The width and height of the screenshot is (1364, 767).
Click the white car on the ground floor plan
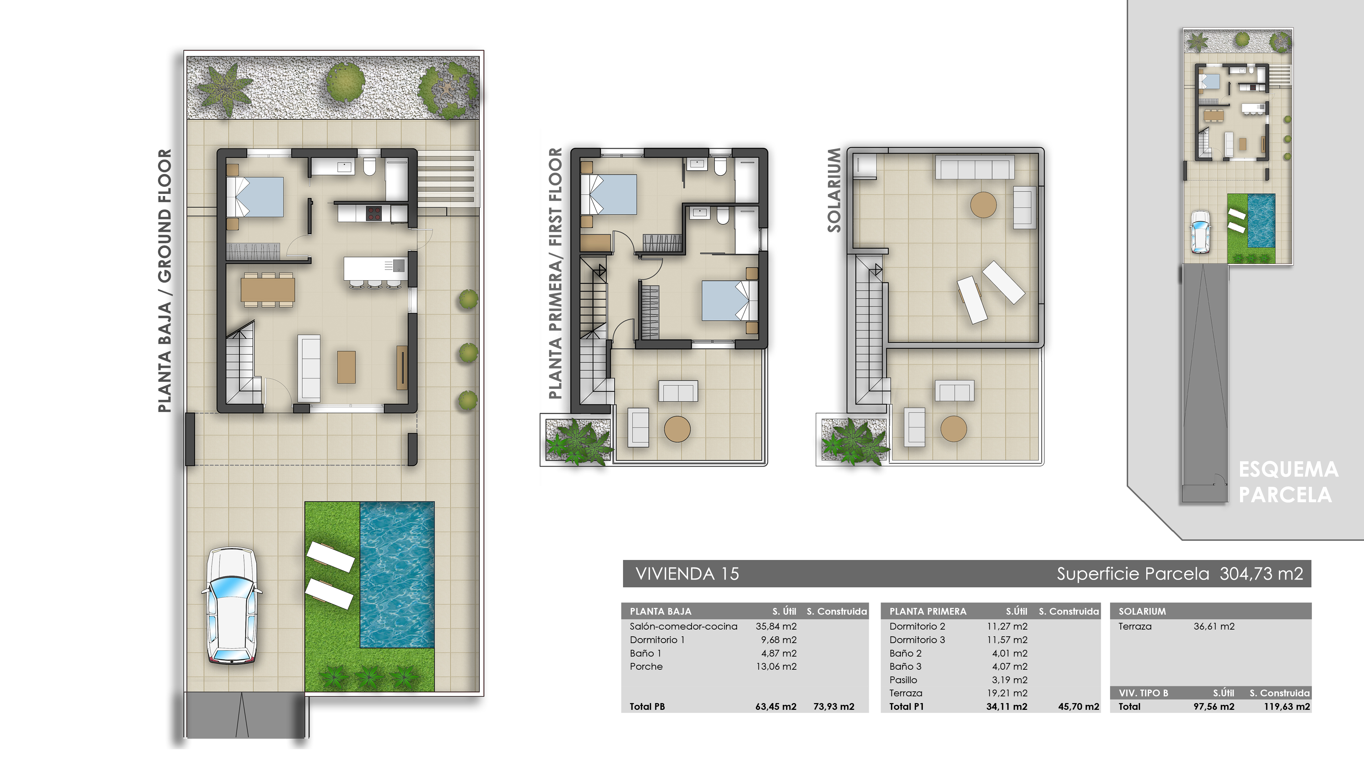point(231,604)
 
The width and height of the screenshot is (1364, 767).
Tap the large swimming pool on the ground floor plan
point(397,574)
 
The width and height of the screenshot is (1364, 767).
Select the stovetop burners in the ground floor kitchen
point(374,213)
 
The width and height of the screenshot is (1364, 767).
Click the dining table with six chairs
point(268,289)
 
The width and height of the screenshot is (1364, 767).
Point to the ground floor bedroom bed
point(255,197)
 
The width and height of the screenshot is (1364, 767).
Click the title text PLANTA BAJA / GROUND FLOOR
point(165,281)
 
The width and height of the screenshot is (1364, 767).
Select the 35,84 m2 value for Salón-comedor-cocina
point(776,626)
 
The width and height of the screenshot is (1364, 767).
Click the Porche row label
point(646,667)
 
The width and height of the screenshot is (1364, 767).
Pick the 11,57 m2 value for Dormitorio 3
point(1007,640)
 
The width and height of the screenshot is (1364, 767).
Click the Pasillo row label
point(903,680)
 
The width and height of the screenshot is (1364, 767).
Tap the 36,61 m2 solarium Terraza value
point(1214,626)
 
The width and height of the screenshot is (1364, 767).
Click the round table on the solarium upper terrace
point(983,205)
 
